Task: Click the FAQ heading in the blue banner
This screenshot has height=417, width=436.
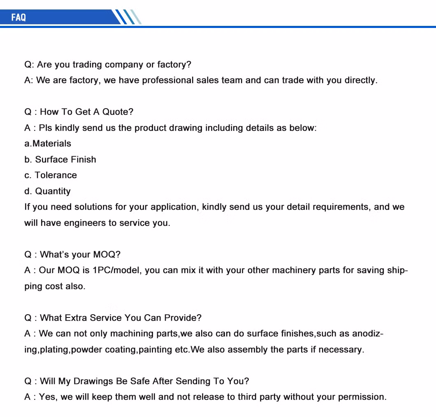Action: pyautogui.click(x=19, y=17)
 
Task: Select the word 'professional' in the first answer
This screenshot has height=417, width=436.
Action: pyautogui.click(x=167, y=80)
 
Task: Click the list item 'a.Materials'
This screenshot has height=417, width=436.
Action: pyautogui.click(x=48, y=144)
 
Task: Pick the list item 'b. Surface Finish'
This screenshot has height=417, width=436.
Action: pyautogui.click(x=60, y=160)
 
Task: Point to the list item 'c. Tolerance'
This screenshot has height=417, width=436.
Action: pyautogui.click(x=51, y=175)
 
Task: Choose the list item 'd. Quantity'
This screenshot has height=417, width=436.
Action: pyautogui.click(x=47, y=191)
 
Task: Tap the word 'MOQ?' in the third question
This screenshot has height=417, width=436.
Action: pyautogui.click(x=107, y=255)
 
